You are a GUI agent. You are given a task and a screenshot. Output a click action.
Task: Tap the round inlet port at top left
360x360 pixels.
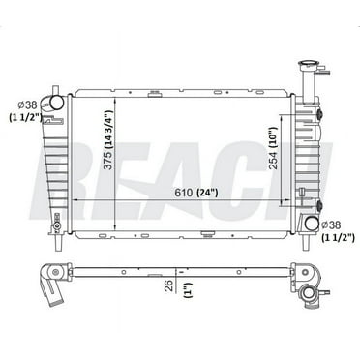(56, 100)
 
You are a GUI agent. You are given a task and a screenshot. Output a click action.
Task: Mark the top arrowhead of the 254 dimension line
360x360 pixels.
(284, 115)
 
